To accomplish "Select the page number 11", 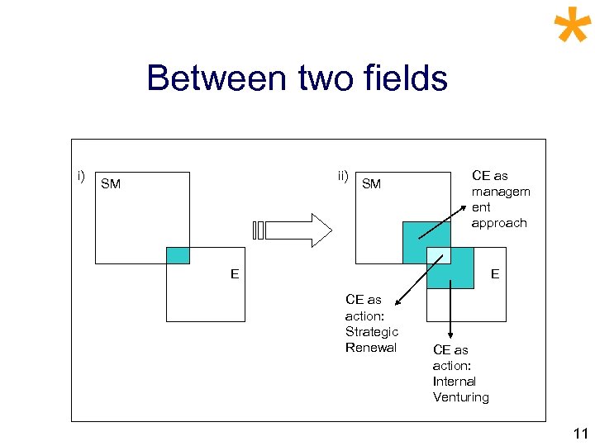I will pyautogui.click(x=580, y=433).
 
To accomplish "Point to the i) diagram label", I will pyautogui.click(x=81, y=175).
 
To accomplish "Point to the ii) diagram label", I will pyautogui.click(x=343, y=175).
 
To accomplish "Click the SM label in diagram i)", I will pyautogui.click(x=111, y=184).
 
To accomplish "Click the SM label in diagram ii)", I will pyautogui.click(x=372, y=184).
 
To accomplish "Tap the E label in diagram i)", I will pyautogui.click(x=235, y=274).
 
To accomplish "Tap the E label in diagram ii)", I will pyautogui.click(x=495, y=274).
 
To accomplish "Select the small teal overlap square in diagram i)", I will pyautogui.click(x=178, y=255).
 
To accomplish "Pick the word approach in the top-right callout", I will pyautogui.click(x=499, y=223).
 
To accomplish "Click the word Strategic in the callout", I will pyautogui.click(x=372, y=331).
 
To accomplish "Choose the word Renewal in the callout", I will pyautogui.click(x=371, y=347).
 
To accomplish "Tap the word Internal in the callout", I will pyautogui.click(x=455, y=382).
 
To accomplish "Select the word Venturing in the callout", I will pyautogui.click(x=461, y=397).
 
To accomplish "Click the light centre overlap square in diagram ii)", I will pyautogui.click(x=438, y=256).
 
